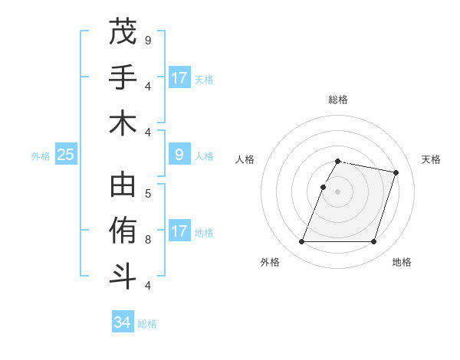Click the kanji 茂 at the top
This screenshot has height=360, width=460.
pyautogui.click(x=123, y=32)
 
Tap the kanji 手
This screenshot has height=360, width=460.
pyautogui.click(x=123, y=77)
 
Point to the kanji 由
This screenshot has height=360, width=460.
pyautogui.click(x=123, y=186)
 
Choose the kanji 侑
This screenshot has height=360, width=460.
pyautogui.click(x=123, y=231)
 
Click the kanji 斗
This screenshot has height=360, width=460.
pyautogui.click(x=123, y=277)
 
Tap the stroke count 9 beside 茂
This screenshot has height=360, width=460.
pyautogui.click(x=148, y=40)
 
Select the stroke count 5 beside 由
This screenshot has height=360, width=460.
pyautogui.click(x=148, y=193)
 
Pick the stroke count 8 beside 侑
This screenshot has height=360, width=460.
pyautogui.click(x=148, y=239)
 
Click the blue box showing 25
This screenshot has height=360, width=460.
pyautogui.click(x=65, y=155)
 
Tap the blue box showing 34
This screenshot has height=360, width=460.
pyautogui.click(x=122, y=322)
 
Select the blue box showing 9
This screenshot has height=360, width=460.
pyautogui.click(x=179, y=155)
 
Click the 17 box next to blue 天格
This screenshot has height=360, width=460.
pyautogui.click(x=179, y=78)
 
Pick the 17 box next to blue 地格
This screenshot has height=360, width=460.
pyautogui.click(x=179, y=231)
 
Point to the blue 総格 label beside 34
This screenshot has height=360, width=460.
pyautogui.click(x=147, y=324)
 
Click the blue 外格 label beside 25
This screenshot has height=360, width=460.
pyautogui.click(x=41, y=156)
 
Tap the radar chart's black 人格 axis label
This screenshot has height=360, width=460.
pyautogui.click(x=245, y=159)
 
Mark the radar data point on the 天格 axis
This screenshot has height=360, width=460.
pyautogui.click(x=396, y=172)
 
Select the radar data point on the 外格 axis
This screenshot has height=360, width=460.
pyautogui.click(x=301, y=242)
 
